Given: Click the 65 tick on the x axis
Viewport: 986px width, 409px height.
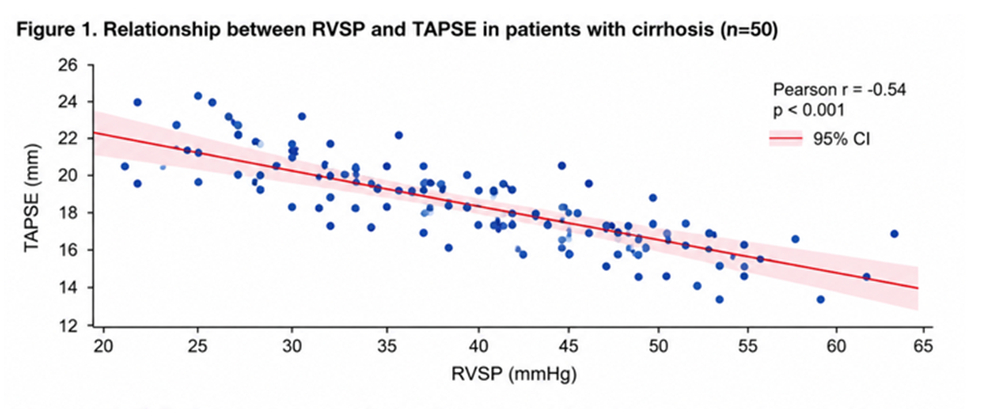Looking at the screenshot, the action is pos(922,348).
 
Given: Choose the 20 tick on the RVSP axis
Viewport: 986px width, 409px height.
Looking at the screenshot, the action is pos(104,348).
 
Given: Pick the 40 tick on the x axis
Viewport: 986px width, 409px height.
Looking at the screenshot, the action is pos(477,348).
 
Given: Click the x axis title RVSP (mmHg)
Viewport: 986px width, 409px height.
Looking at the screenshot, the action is pos(513,376).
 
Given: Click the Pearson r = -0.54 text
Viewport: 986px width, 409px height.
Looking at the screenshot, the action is pos(838,90).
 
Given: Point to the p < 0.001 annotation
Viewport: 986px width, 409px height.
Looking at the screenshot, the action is pos(808,111).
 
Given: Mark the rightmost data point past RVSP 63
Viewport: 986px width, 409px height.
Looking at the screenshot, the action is pos(894,233).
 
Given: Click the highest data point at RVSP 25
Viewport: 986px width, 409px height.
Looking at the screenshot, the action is pos(198,95).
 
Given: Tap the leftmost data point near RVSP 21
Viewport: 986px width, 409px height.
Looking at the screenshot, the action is pos(124,166).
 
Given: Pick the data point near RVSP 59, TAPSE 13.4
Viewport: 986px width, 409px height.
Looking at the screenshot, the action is pos(820,299).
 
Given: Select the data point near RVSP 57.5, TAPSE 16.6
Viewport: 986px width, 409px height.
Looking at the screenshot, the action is pos(795,239).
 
